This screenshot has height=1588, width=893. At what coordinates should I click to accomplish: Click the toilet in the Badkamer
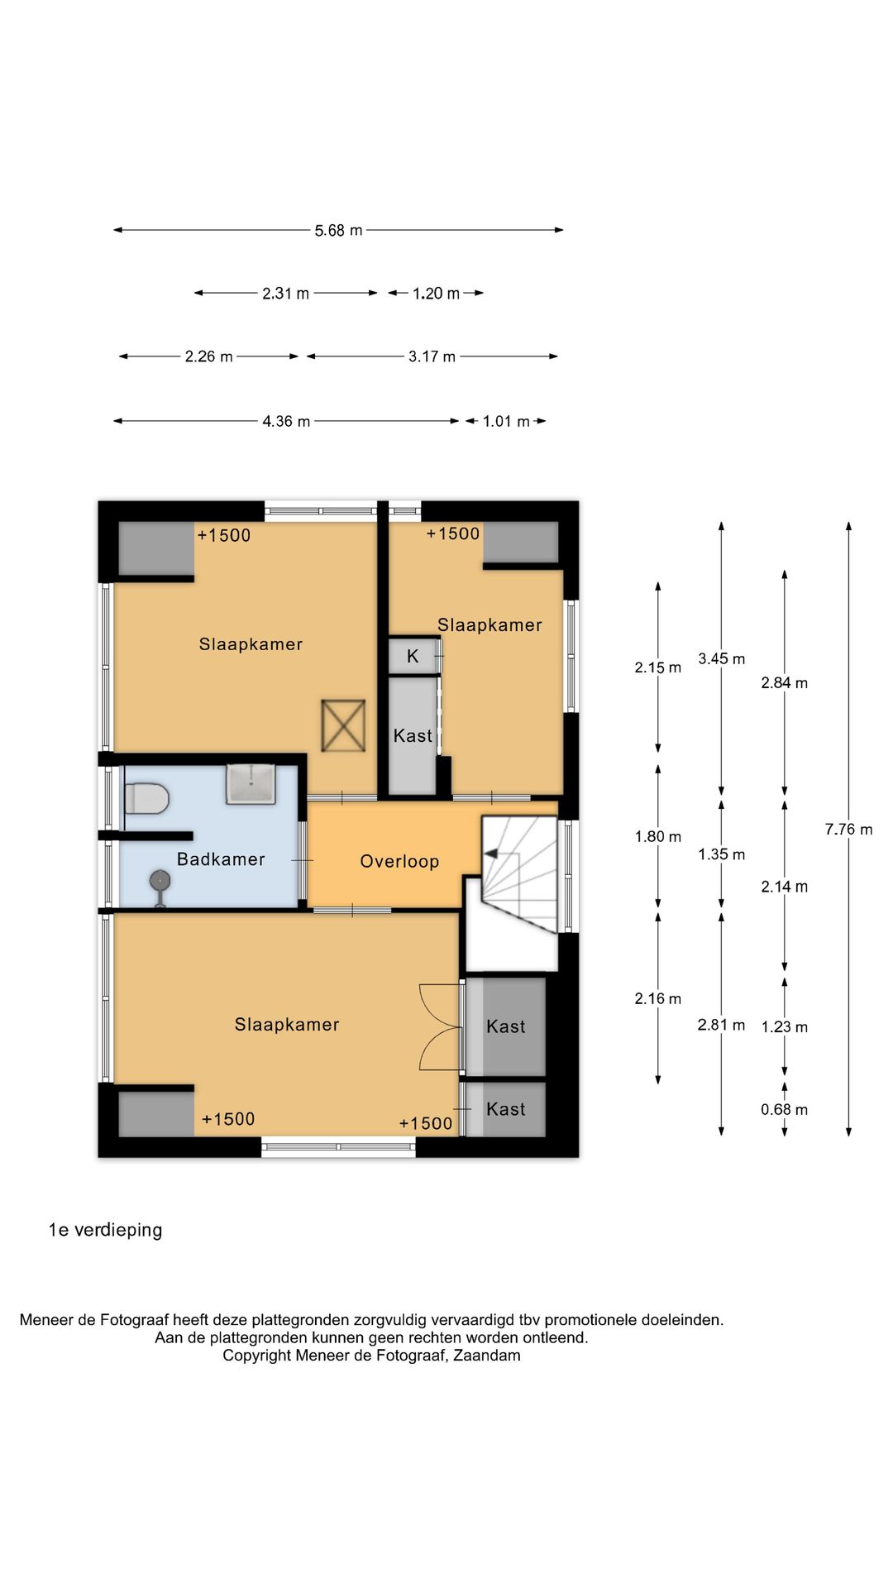(x=146, y=799)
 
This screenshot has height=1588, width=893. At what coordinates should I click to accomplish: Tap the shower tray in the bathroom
(x=251, y=784)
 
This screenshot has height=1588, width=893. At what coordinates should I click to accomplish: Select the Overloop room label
(x=399, y=861)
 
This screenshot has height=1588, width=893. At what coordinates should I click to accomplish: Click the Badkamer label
(x=221, y=859)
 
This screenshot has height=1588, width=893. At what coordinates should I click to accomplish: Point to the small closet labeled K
(x=413, y=656)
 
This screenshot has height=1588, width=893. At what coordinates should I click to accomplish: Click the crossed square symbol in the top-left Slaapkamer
(x=343, y=725)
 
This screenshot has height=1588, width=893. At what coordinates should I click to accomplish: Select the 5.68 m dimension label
(x=338, y=230)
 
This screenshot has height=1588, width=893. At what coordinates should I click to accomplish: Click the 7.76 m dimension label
(x=848, y=829)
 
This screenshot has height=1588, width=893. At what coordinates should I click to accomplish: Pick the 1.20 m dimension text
(x=436, y=293)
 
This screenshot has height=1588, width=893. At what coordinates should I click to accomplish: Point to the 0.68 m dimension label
(x=784, y=1109)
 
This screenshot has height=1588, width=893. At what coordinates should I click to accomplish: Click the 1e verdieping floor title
(x=105, y=1230)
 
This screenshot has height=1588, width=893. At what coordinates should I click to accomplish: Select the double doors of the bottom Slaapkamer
(x=440, y=1026)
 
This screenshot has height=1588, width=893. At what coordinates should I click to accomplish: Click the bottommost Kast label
(x=506, y=1109)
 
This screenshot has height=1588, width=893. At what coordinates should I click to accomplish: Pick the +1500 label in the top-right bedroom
(x=453, y=533)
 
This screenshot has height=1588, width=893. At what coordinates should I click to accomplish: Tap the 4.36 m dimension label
(x=286, y=421)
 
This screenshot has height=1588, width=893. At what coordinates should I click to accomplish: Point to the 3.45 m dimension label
(x=721, y=658)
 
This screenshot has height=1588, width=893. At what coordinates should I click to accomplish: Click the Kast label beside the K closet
(x=413, y=735)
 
